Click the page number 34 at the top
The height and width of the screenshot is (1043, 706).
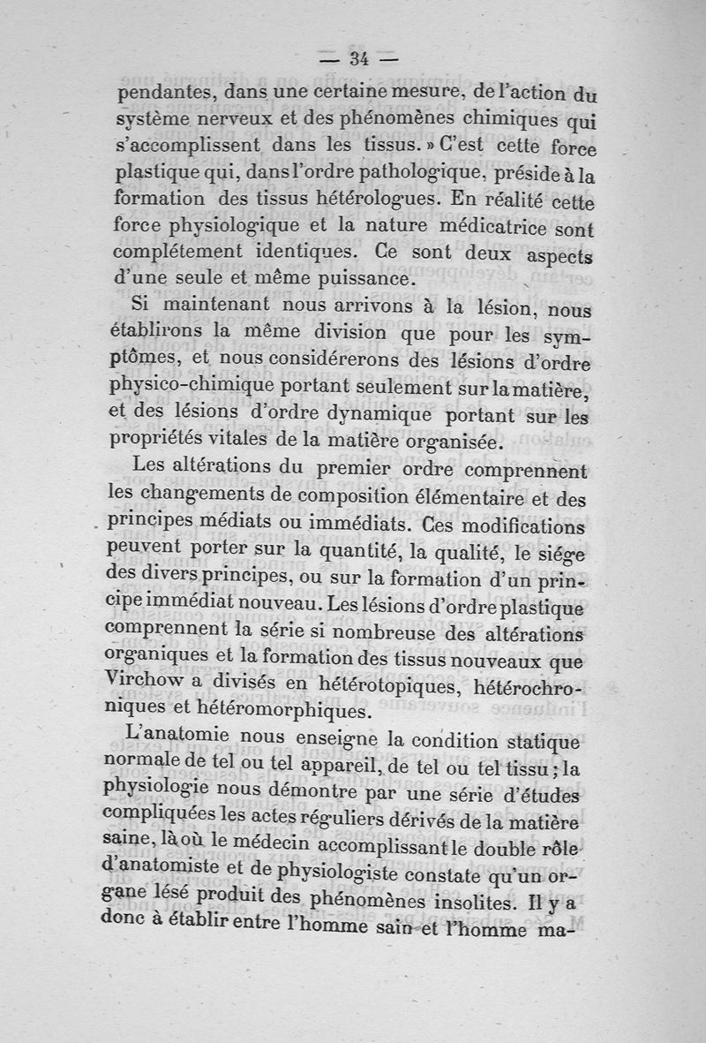pos(357,59)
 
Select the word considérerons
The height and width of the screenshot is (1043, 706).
pos(327,361)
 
